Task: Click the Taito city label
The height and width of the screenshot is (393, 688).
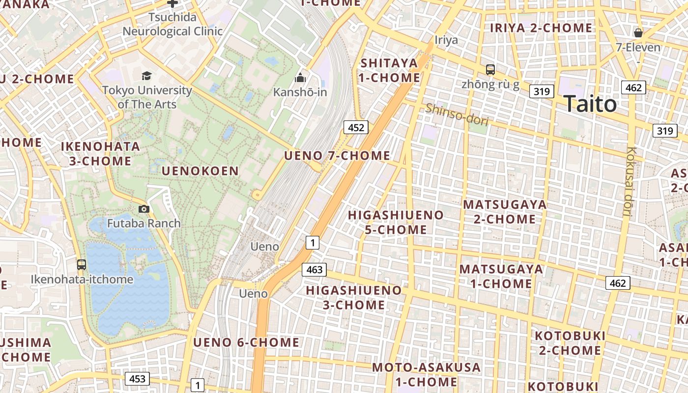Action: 590,104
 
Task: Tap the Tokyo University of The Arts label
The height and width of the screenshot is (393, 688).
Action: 147,97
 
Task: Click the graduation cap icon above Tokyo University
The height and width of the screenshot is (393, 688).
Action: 146,76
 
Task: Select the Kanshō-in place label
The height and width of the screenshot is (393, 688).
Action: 300,92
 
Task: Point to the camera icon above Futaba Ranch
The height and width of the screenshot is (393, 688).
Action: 143,209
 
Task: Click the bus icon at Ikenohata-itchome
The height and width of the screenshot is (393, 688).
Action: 82,265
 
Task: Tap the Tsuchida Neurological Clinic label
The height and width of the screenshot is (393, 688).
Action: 172,25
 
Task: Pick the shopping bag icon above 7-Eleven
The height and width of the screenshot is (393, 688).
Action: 638,33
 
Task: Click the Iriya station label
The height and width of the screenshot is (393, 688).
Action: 446,40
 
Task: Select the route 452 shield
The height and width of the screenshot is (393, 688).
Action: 356,128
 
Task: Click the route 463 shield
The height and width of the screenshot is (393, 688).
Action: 314,269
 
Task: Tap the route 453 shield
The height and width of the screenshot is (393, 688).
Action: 137,379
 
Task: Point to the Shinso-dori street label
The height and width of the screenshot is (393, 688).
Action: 457,114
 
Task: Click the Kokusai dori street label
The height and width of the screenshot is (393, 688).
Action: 629,182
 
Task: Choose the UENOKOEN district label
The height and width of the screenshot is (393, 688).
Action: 201,171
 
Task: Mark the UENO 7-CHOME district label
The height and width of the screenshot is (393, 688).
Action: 337,156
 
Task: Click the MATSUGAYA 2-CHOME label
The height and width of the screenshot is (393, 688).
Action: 505,212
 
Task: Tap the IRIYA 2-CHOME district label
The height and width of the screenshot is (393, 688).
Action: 541,28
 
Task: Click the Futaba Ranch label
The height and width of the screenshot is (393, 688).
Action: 144,224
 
